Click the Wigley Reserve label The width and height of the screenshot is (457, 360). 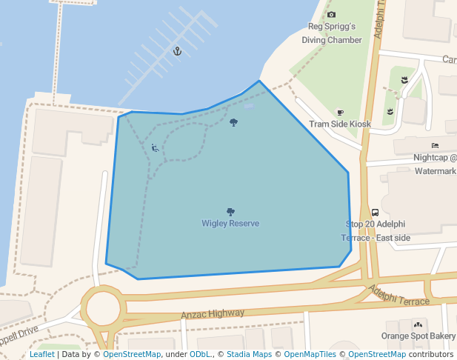click(230, 224)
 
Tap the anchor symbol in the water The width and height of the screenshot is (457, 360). click(177, 50)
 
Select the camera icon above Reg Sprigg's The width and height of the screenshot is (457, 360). click(331, 15)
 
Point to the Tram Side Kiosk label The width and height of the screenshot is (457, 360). click(340, 124)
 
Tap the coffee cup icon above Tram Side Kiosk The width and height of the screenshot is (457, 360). click(340, 113)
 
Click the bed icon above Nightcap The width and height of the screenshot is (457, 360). click(435, 145)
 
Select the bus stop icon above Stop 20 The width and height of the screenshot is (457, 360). click(375, 212)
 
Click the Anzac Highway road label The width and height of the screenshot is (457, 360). click(213, 314)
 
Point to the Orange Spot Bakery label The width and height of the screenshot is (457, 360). click(418, 336)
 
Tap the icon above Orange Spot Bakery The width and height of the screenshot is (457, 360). click(418, 324)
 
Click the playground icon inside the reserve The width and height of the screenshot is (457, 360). click(155, 148)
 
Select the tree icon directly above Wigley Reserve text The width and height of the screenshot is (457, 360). click(230, 212)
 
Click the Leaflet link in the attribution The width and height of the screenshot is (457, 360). click(42, 355)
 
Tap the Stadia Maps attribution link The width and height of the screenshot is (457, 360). click(249, 355)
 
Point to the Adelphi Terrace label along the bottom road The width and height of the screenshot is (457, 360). click(399, 296)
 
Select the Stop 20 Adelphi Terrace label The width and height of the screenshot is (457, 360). click(376, 230)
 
